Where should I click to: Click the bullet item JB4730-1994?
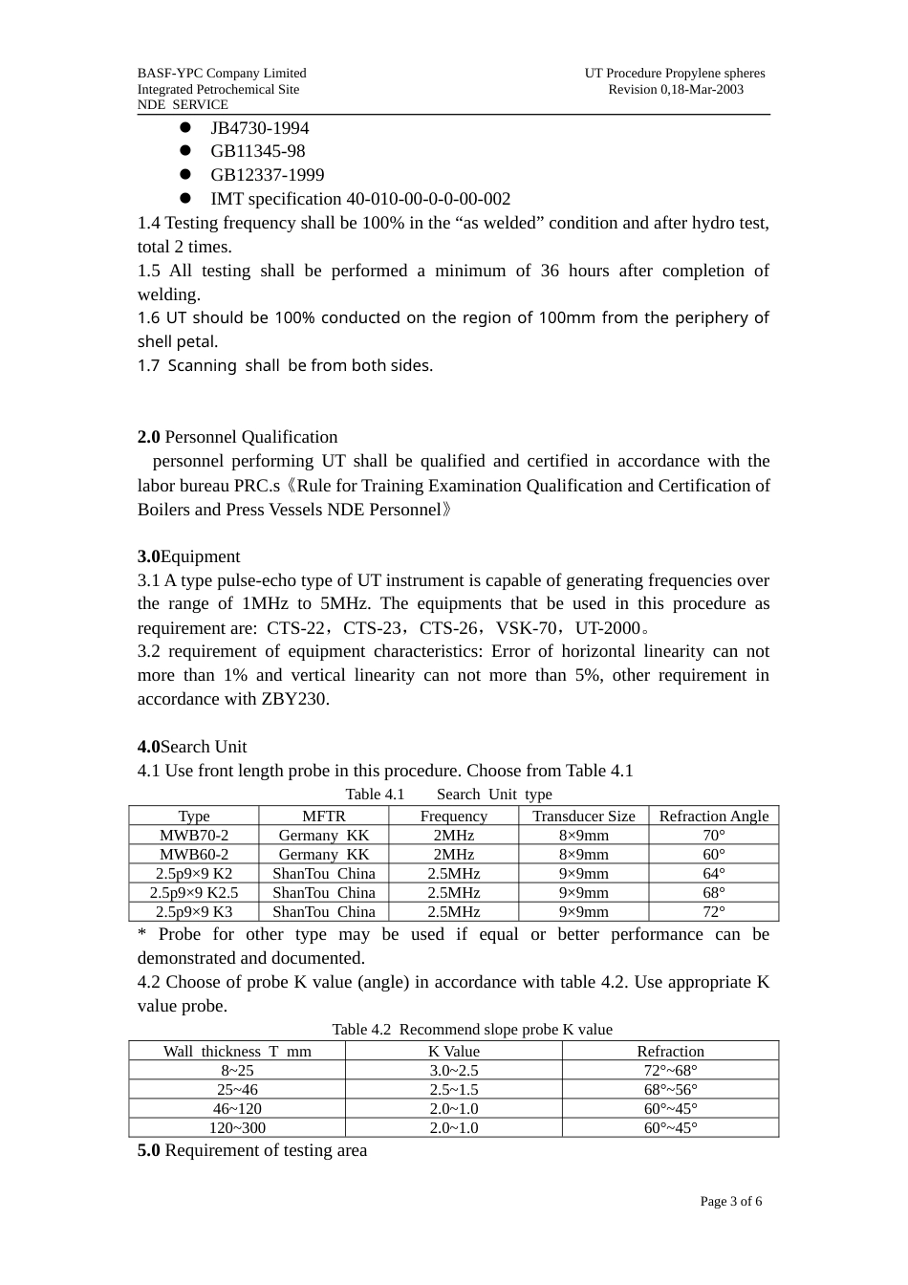tap(259, 128)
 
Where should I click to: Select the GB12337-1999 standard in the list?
tap(267, 175)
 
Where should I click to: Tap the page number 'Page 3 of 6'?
tap(730, 1202)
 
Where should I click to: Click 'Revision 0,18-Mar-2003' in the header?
tap(675, 89)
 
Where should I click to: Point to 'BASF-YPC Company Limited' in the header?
tap(222, 73)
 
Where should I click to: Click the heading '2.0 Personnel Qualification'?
tap(237, 437)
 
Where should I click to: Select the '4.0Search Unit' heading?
tap(192, 747)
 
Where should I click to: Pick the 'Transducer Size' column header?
tap(583, 816)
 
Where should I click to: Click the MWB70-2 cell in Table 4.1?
tap(194, 835)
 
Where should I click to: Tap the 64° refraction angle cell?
tap(713, 873)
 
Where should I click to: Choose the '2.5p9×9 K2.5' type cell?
tap(194, 892)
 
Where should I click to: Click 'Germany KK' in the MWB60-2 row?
tap(323, 854)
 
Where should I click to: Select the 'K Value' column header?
tap(453, 1051)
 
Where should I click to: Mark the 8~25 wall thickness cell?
tap(237, 1070)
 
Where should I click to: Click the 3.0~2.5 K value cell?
tap(453, 1070)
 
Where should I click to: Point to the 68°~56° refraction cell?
tap(670, 1089)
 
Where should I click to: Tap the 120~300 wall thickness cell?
tap(237, 1127)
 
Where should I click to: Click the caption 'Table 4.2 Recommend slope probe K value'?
tap(471, 1030)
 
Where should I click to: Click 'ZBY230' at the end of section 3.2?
tap(294, 699)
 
